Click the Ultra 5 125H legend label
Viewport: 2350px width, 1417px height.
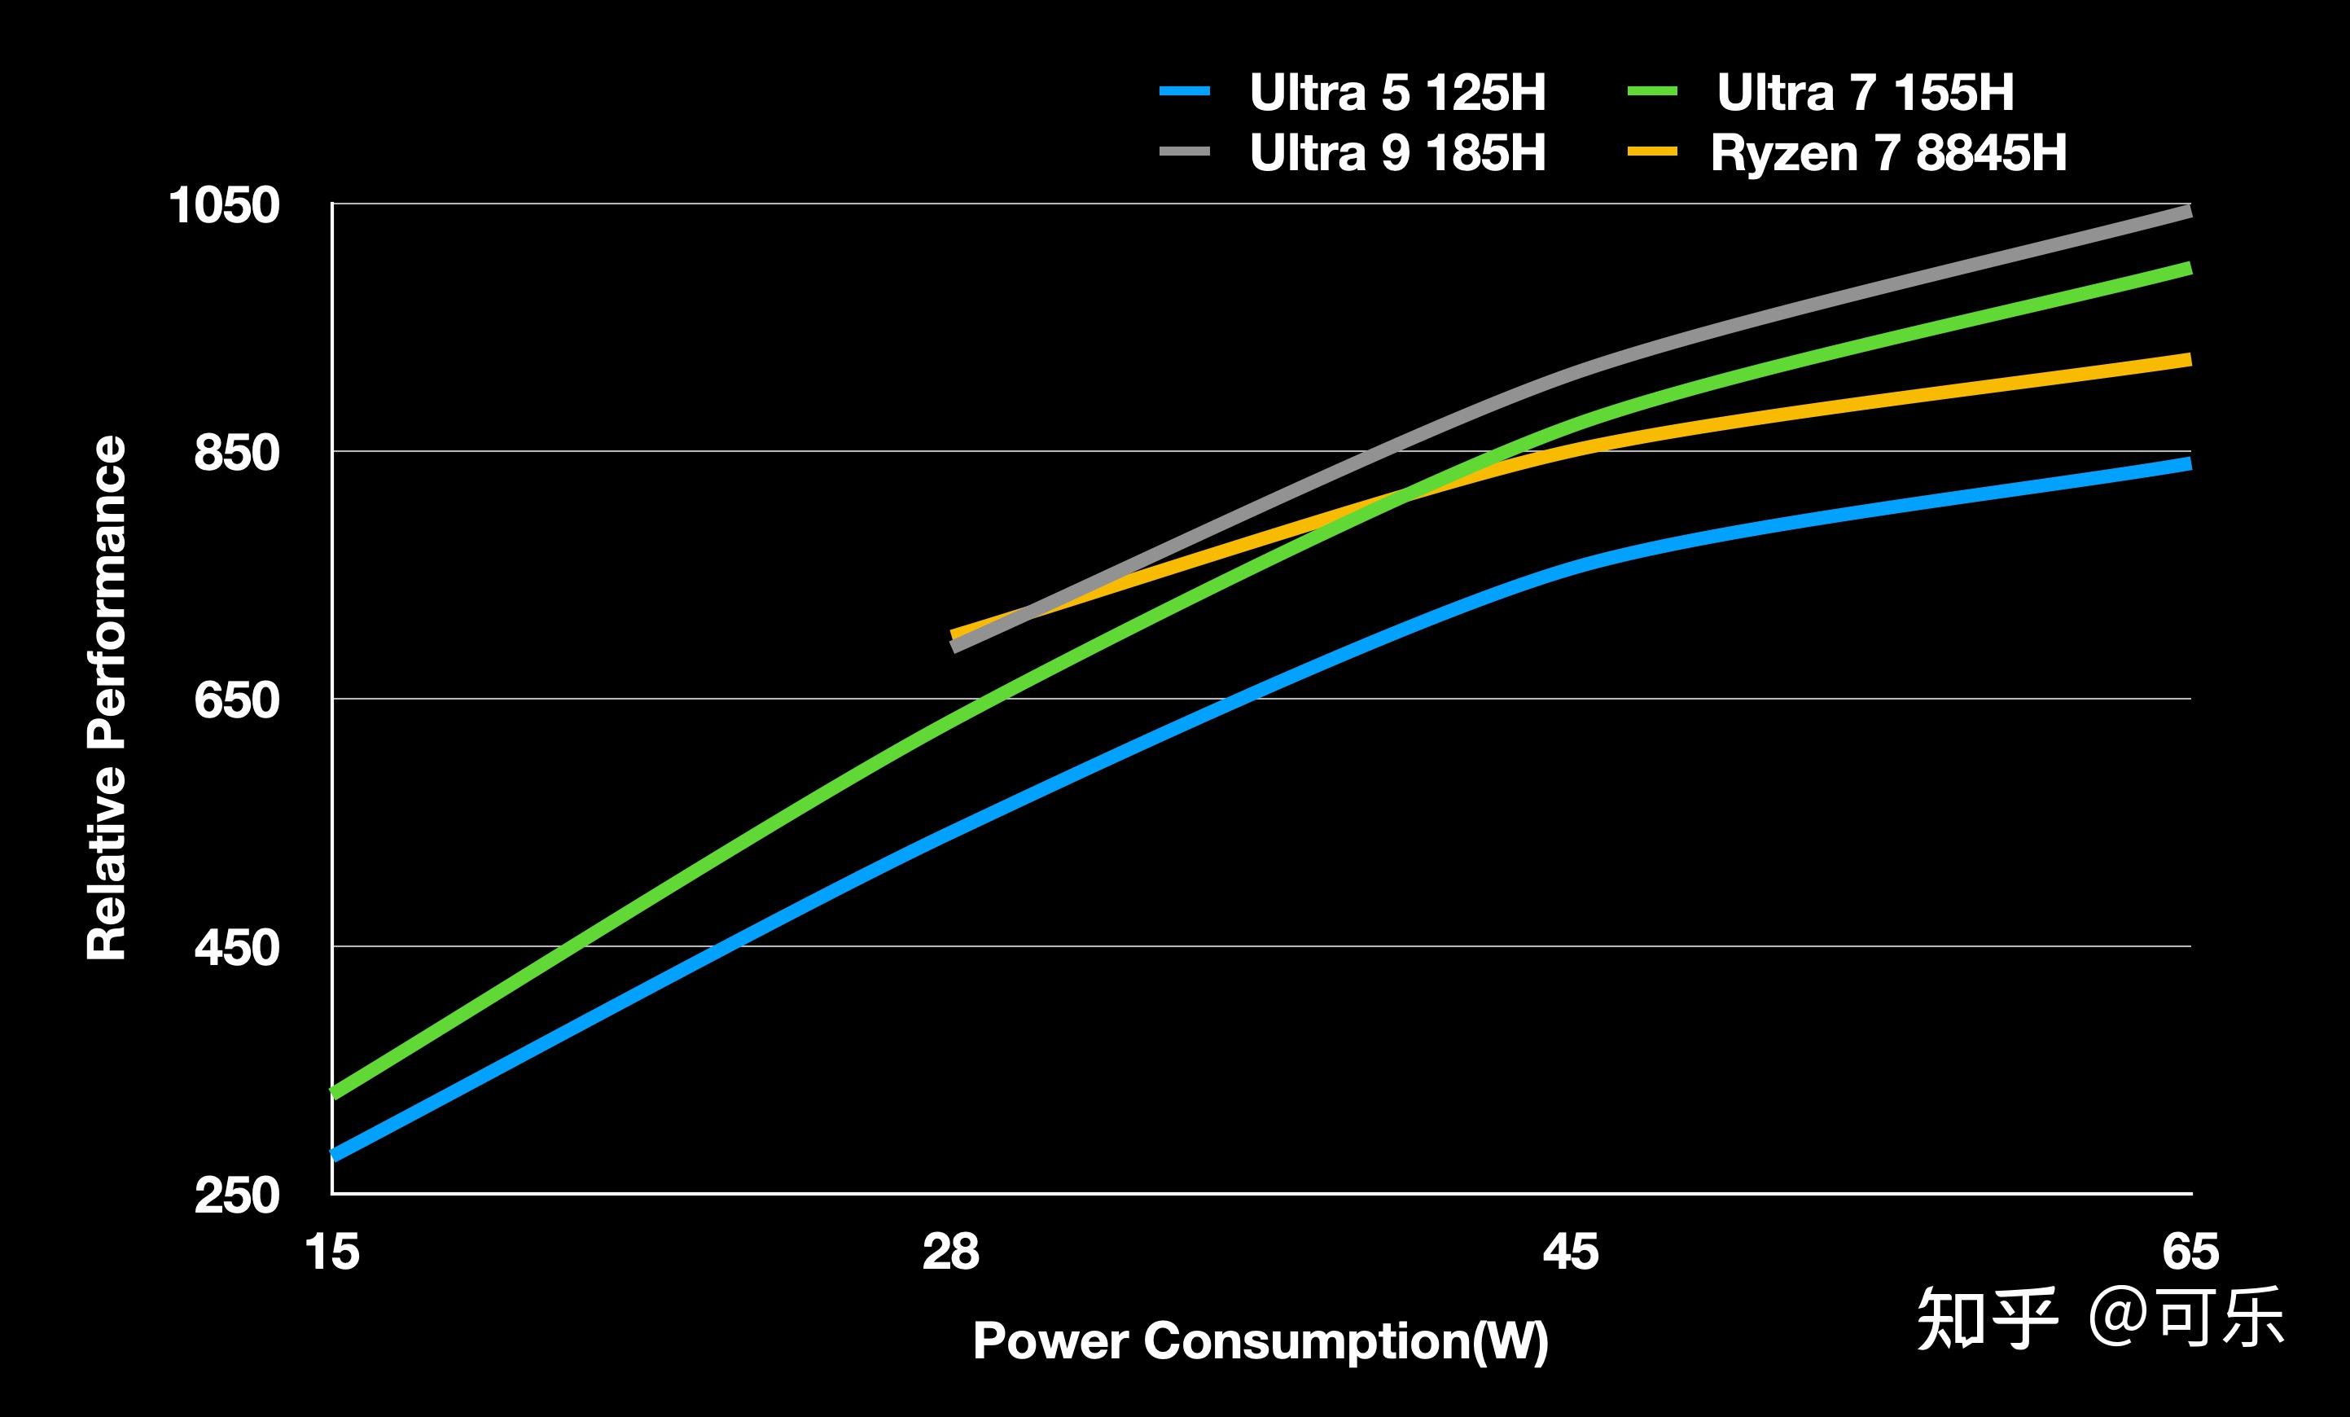(x=1397, y=93)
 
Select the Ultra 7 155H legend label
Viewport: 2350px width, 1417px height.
(x=1865, y=93)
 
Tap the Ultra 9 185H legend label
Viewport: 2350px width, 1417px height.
(x=1397, y=152)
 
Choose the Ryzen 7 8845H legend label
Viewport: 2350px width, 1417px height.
(x=1888, y=152)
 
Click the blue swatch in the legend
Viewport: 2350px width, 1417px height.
(x=1185, y=91)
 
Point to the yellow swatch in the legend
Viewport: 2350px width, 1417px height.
(x=1652, y=151)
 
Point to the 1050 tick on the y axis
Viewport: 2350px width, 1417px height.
(x=224, y=205)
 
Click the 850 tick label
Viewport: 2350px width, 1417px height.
(x=236, y=452)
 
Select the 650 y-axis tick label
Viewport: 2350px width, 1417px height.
(x=236, y=700)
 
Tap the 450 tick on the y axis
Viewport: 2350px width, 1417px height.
(x=236, y=948)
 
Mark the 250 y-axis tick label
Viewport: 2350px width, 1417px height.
(x=236, y=1195)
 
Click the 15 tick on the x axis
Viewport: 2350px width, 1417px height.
(x=332, y=1251)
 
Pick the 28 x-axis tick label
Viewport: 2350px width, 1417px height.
(x=951, y=1251)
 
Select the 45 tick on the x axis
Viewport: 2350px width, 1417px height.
(x=1570, y=1251)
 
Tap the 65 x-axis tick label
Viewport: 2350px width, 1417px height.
(x=2190, y=1251)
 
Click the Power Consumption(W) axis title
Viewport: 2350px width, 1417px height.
(x=1260, y=1341)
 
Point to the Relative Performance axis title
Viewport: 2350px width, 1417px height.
(x=106, y=698)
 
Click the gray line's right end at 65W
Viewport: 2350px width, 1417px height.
(x=2188, y=212)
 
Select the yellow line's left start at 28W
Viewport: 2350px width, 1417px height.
(x=954, y=634)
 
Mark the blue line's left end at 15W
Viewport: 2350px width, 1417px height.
(x=335, y=1155)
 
